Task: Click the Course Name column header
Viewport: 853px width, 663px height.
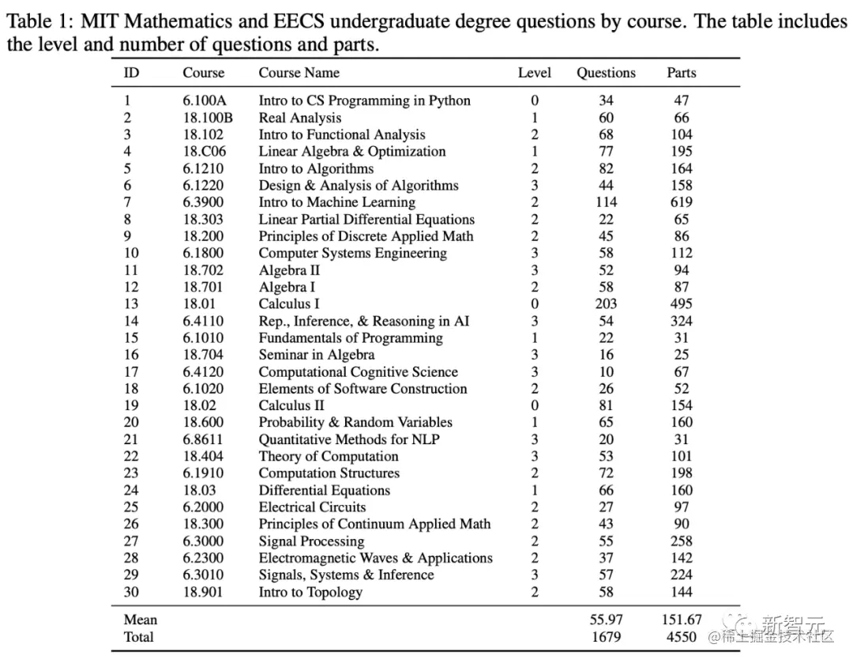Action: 299,73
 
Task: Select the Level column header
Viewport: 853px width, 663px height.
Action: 534,73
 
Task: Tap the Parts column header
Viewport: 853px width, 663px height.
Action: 681,73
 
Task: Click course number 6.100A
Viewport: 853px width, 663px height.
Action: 204,100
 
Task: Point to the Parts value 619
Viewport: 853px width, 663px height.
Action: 681,202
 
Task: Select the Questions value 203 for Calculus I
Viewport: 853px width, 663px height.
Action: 606,303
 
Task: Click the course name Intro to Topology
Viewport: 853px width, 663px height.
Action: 310,592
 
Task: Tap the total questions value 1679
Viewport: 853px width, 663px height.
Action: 606,637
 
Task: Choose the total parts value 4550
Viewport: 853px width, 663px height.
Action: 681,637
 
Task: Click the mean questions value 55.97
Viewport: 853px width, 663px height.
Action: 606,620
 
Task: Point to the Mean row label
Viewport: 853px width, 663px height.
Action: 141,620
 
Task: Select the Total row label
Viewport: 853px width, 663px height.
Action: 139,637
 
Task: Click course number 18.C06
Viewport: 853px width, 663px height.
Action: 204,152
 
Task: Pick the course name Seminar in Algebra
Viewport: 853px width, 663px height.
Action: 317,355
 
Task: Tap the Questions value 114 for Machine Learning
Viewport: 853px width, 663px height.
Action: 606,202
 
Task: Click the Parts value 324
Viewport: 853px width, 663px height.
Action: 681,321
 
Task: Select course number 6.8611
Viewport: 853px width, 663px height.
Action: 203,439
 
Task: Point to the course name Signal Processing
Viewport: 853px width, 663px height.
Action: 311,541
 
